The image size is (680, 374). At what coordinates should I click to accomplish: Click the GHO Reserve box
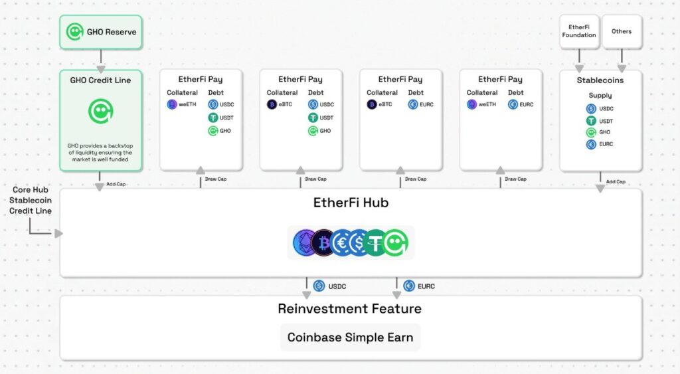click(101, 31)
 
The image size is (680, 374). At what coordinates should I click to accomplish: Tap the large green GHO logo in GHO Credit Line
click(100, 111)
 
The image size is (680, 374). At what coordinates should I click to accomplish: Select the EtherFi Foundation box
click(578, 31)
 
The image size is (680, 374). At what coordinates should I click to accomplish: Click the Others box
click(622, 31)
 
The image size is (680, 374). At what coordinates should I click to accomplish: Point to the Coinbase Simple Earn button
click(350, 337)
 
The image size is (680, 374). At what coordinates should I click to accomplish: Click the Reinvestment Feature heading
click(349, 309)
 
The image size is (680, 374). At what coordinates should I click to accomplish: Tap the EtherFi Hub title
click(351, 203)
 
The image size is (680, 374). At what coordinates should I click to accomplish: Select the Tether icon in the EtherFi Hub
click(376, 243)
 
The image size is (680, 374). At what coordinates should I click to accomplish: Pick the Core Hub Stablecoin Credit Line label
click(30, 200)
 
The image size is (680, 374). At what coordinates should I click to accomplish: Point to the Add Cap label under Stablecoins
click(616, 181)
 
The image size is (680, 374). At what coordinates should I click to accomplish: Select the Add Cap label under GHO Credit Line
click(116, 184)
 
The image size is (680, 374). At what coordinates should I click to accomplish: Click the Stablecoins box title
click(600, 80)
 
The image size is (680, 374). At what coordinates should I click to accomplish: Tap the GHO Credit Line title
click(100, 80)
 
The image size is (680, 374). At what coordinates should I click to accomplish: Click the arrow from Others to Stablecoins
click(622, 60)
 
